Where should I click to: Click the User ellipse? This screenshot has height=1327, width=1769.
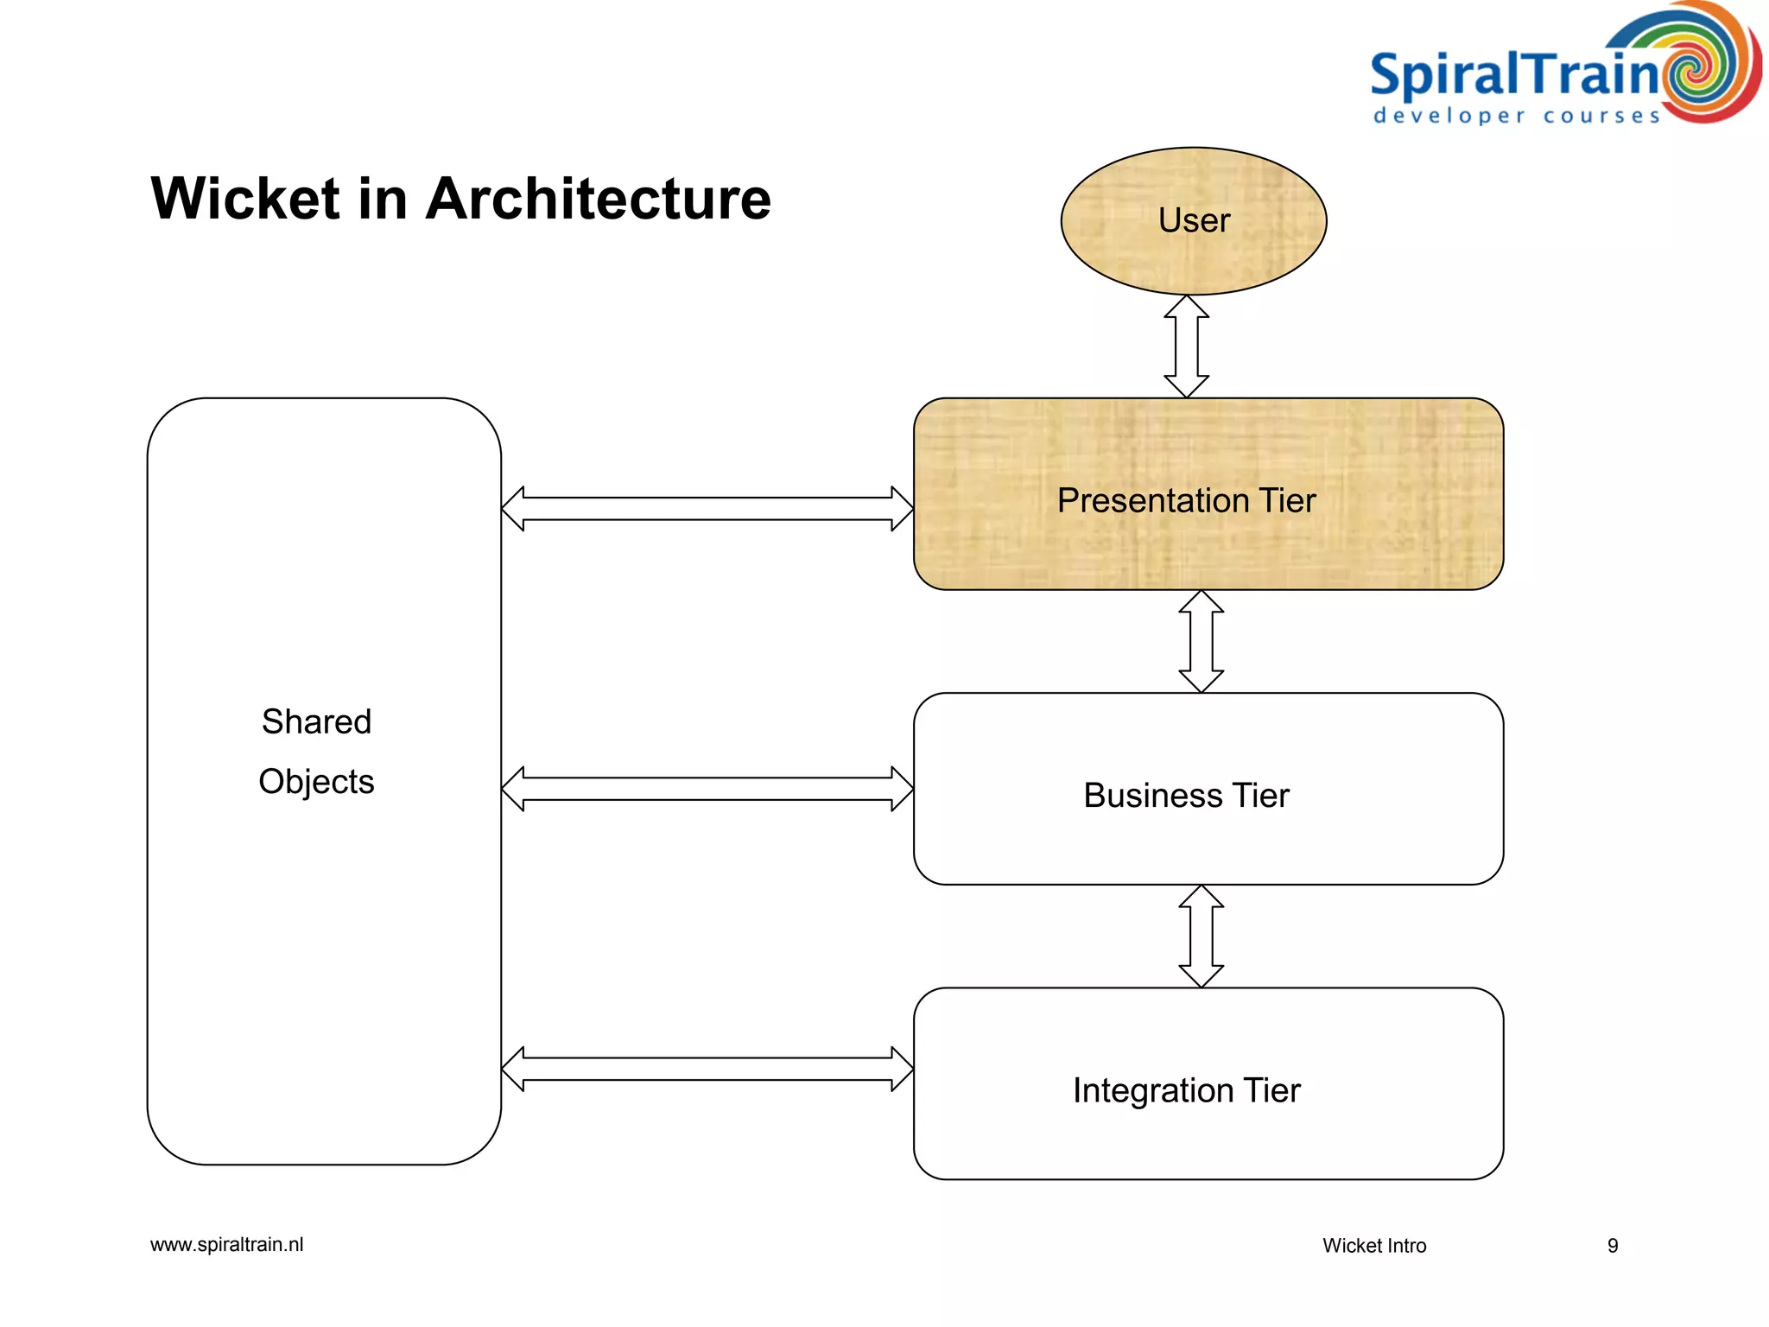click(x=1193, y=221)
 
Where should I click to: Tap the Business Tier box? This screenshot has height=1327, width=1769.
click(x=1208, y=790)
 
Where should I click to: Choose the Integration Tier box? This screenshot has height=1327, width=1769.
click(x=1208, y=1084)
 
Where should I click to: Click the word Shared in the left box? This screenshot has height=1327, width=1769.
click(x=316, y=721)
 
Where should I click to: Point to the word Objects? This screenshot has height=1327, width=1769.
click(x=316, y=782)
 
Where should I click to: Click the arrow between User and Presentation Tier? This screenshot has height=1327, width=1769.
click(x=1186, y=346)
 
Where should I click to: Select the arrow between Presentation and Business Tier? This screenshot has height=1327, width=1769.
click(x=1201, y=641)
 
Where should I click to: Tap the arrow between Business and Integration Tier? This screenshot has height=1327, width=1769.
click(x=1201, y=936)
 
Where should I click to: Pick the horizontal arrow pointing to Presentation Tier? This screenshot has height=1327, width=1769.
click(x=707, y=509)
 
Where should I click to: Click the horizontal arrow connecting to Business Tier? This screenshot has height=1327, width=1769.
click(x=707, y=789)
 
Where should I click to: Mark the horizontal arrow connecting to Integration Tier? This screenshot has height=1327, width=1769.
click(x=707, y=1069)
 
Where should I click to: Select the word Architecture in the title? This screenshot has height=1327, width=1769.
click(x=598, y=200)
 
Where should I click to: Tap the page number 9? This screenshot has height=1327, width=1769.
click(x=1612, y=1246)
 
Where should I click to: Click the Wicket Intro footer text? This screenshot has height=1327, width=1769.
click(x=1373, y=1246)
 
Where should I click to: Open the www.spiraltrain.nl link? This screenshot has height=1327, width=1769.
click(x=226, y=1245)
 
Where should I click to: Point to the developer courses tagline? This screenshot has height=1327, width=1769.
click(x=1516, y=116)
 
